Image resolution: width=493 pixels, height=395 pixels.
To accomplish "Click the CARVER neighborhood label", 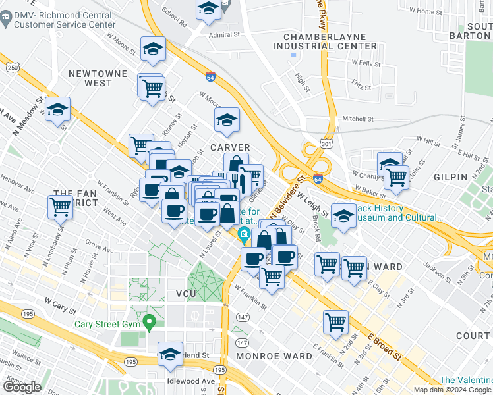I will click(230, 147).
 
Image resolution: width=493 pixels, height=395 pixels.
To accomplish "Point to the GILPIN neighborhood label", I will click(450, 177).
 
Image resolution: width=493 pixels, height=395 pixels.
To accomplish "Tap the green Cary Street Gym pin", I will click(150, 322).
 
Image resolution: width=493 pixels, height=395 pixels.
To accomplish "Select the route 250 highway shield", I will click(13, 67).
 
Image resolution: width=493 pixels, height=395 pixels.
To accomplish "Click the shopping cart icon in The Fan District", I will click(60, 207).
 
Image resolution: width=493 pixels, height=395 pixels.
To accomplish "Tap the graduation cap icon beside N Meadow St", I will click(58, 109).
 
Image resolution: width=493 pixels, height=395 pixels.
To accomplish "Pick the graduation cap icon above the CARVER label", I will click(227, 120).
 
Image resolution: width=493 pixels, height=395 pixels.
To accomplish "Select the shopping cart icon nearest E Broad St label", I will click(335, 322).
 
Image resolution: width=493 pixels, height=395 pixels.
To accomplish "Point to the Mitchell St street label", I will click(357, 119).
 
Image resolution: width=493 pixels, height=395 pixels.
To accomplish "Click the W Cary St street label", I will click(57, 301).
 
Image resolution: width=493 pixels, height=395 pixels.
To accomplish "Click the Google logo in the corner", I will click(22, 387).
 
